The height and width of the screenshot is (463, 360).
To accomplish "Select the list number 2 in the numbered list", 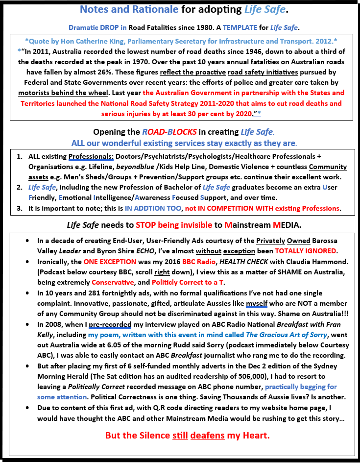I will [19, 188].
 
